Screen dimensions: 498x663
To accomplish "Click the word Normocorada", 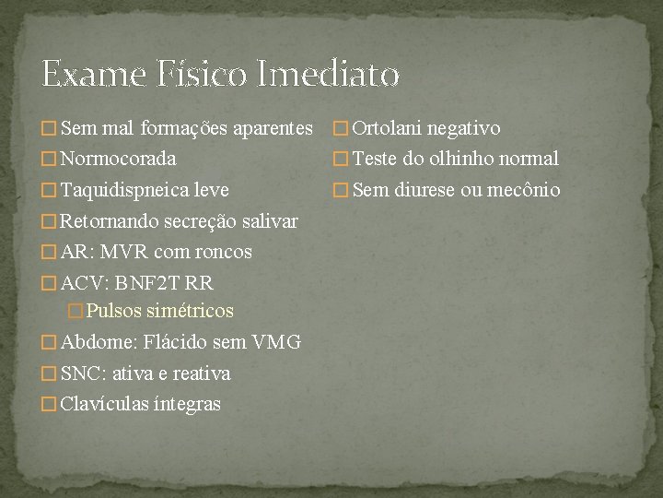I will [x=118, y=159].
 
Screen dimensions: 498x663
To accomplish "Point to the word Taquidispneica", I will [x=124, y=191].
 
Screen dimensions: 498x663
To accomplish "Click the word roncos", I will [x=221, y=252].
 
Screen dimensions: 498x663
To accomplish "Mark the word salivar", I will [x=267, y=221].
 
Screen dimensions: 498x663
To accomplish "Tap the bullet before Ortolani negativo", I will [x=341, y=129].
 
